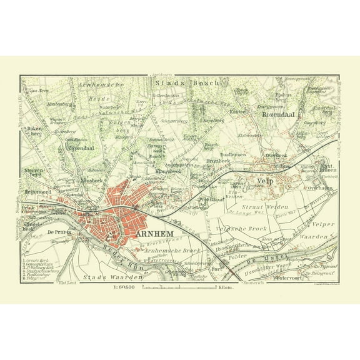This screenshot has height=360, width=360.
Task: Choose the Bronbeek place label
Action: coord(217,160)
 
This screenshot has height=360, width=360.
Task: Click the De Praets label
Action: coord(57,231)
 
